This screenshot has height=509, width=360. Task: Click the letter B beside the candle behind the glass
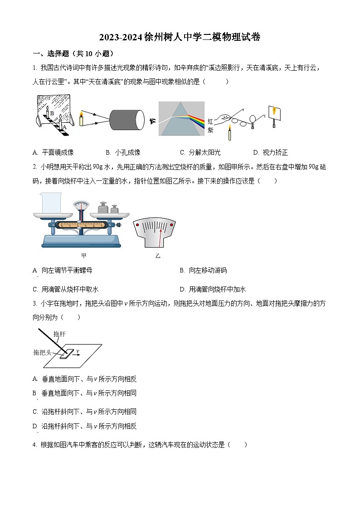click(52, 113)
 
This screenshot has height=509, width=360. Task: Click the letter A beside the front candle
click(64, 127)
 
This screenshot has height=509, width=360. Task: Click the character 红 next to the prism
click(210, 121)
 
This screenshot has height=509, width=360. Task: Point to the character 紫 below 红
click(210, 130)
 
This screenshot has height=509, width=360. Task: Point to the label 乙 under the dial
click(158, 256)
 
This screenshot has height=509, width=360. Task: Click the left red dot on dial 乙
click(137, 225)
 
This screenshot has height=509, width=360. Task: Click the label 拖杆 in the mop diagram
click(59, 334)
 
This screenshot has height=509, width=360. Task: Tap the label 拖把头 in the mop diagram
click(42, 352)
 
